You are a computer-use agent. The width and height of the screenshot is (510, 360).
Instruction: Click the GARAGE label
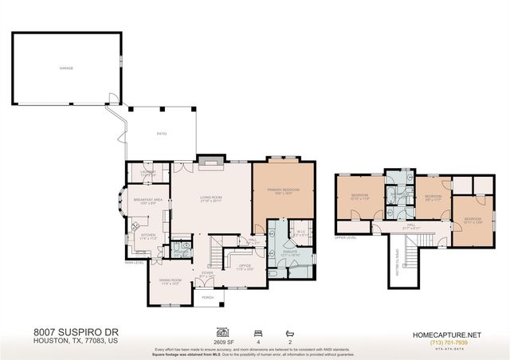click(66, 68)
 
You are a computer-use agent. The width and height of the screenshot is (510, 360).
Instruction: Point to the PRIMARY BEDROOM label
click(283, 190)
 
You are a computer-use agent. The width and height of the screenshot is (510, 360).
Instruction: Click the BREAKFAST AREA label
click(148, 200)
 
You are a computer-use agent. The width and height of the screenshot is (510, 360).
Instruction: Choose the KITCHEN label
click(149, 235)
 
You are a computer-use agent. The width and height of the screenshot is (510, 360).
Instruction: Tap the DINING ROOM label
click(171, 280)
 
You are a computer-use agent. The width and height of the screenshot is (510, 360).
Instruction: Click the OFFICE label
click(245, 266)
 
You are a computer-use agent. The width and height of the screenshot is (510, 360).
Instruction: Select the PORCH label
click(207, 297)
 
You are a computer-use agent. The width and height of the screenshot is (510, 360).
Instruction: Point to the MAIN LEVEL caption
click(133, 262)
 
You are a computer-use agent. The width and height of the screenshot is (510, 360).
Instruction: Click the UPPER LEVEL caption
click(344, 237)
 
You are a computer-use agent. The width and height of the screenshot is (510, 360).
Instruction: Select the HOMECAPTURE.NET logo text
click(446, 335)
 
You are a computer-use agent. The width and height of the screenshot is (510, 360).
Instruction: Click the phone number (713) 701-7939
click(446, 343)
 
